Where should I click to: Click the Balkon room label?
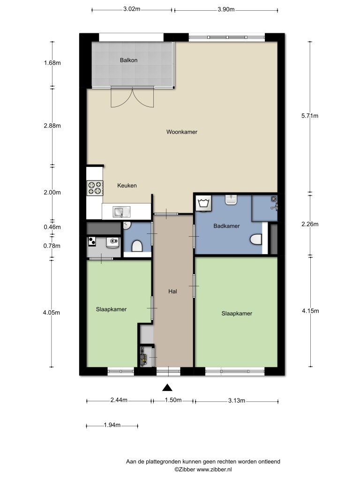tap(128, 60)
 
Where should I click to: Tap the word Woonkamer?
tap(182, 132)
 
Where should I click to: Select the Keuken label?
tap(127, 186)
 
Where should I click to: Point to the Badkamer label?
tap(226, 226)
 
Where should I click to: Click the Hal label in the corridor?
tap(172, 291)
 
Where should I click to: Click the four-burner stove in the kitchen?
tap(94, 187)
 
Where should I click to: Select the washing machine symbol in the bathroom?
tap(203, 203)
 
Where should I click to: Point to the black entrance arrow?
tap(167, 387)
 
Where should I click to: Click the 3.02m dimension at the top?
tap(132, 9)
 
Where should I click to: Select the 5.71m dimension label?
tap(309, 116)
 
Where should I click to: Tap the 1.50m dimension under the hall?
tap(173, 400)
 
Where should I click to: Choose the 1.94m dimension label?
tap(112, 425)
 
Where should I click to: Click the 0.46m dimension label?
tap(52, 227)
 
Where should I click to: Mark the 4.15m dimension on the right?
tap(309, 311)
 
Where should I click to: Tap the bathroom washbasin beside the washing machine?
tap(232, 201)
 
